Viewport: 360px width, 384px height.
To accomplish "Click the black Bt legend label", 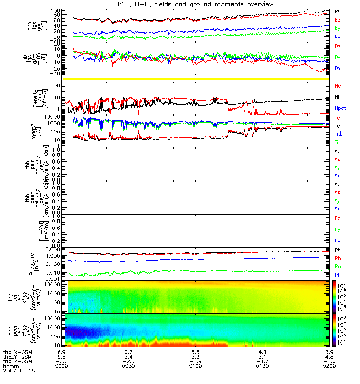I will [338, 11].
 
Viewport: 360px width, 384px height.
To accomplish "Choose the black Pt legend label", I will [338, 251].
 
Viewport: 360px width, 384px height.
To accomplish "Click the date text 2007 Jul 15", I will [19, 371].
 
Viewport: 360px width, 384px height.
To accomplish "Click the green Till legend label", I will [338, 143].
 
